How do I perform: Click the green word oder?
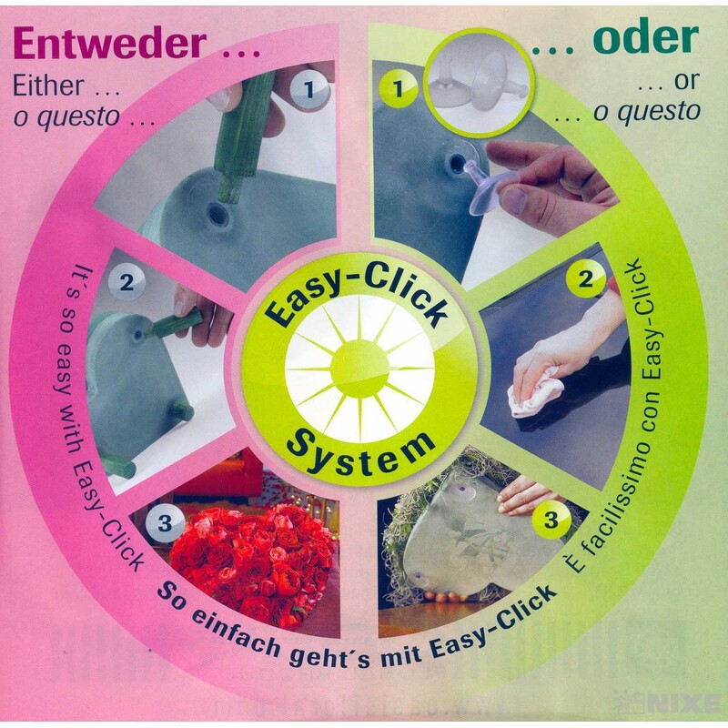[645, 37]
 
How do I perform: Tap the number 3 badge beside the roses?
[165, 523]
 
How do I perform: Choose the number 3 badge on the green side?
[550, 520]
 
